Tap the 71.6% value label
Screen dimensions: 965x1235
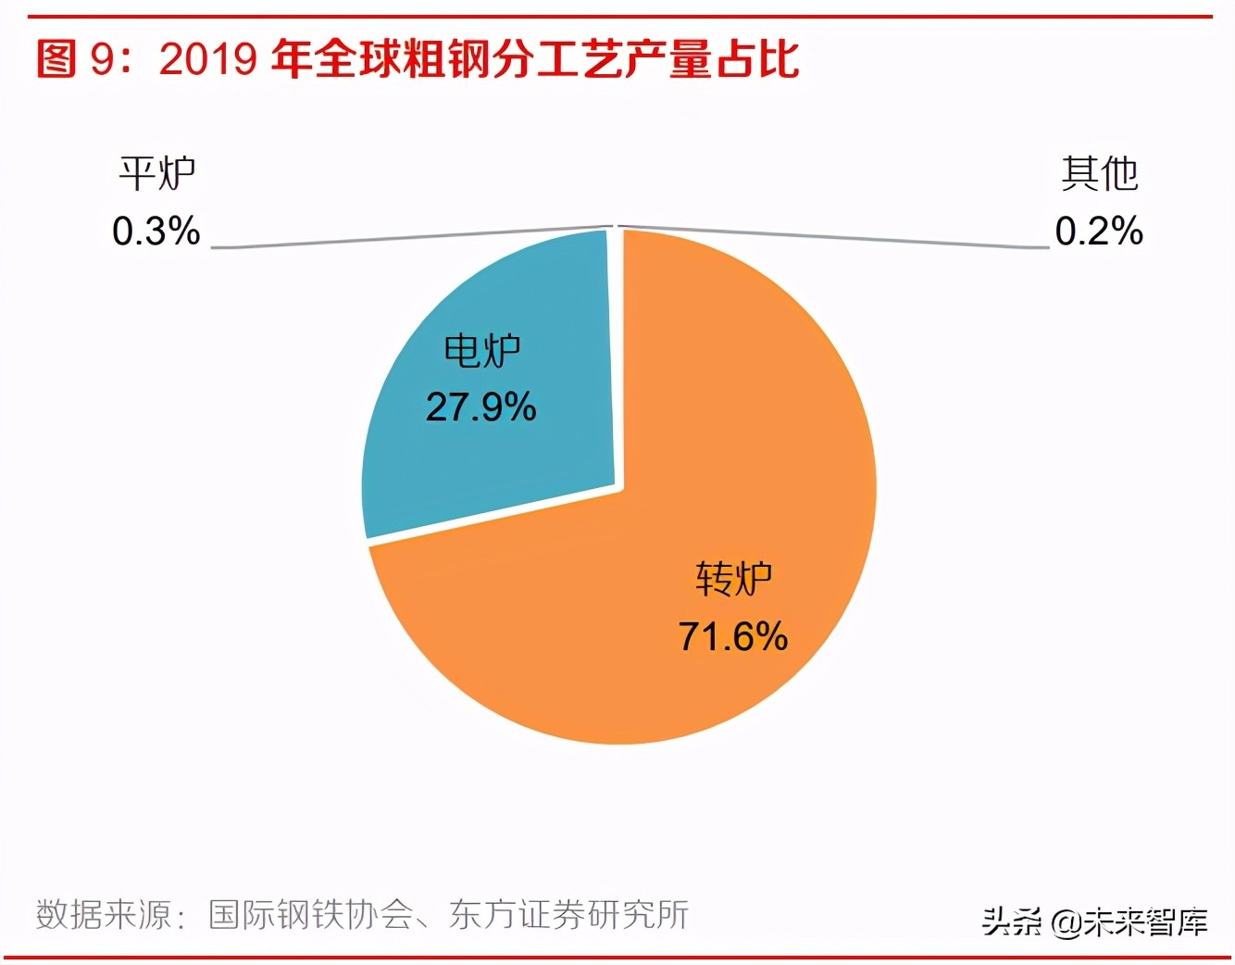[x=732, y=637]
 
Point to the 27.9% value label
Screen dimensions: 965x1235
[x=480, y=407]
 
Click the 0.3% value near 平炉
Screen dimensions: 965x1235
[x=156, y=232]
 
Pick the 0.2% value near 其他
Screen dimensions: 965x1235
[x=1099, y=232]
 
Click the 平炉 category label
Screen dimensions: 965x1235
[x=156, y=174]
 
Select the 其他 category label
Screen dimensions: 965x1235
[x=1099, y=174]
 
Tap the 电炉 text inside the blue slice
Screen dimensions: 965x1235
[x=481, y=351]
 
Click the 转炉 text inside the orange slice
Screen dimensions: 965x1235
[x=733, y=580]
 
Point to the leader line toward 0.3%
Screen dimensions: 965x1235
[x=407, y=238]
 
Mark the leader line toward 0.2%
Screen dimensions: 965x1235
[x=833, y=237]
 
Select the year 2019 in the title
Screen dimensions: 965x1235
[x=207, y=59]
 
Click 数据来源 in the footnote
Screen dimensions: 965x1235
[x=104, y=915]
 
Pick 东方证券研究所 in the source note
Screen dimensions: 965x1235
[x=568, y=915]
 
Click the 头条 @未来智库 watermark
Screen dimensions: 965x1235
[x=1094, y=922]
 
